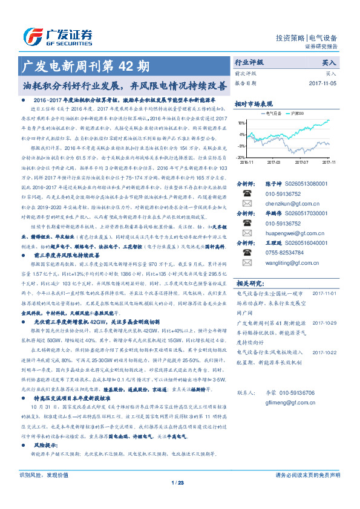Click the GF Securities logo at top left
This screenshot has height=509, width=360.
57,34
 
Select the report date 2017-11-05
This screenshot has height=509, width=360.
322,83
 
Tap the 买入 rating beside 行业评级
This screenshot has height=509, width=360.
329,62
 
